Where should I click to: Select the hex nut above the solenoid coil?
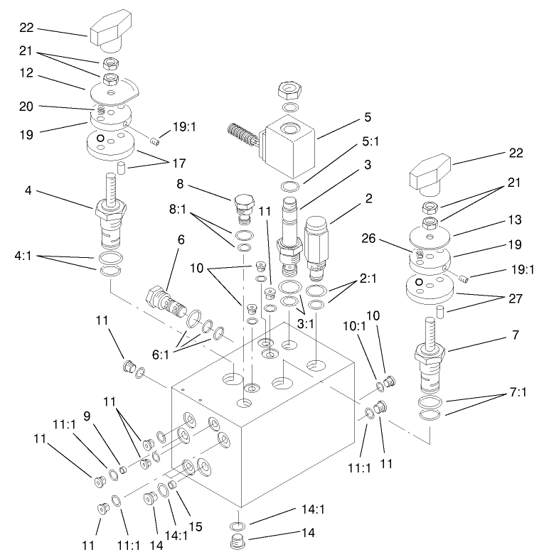click(290, 91)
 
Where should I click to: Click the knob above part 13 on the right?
click(429, 172)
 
